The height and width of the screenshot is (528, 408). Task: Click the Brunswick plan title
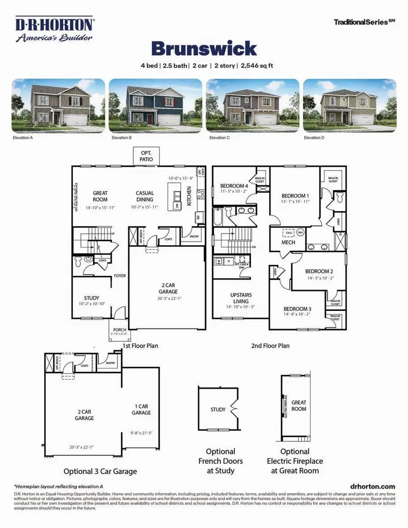click(204, 48)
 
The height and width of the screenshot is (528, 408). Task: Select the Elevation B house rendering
click(155, 103)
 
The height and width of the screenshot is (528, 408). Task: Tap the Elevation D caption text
click(315, 138)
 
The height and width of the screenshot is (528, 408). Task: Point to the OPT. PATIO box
click(146, 156)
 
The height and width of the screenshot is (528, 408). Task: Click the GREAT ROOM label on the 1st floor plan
click(100, 196)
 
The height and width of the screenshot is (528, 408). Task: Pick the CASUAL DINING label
click(145, 196)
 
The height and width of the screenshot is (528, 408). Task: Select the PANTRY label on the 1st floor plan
click(194, 236)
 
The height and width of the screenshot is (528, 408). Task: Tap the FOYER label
click(120, 276)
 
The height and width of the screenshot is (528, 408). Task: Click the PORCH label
click(119, 329)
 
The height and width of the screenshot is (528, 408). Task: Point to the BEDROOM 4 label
click(234, 186)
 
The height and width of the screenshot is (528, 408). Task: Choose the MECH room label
click(288, 242)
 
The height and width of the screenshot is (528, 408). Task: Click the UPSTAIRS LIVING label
click(241, 298)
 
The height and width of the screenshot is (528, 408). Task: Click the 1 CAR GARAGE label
click(141, 410)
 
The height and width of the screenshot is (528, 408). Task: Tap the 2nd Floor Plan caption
click(271, 346)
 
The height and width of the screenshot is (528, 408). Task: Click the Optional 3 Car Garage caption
click(100, 471)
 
